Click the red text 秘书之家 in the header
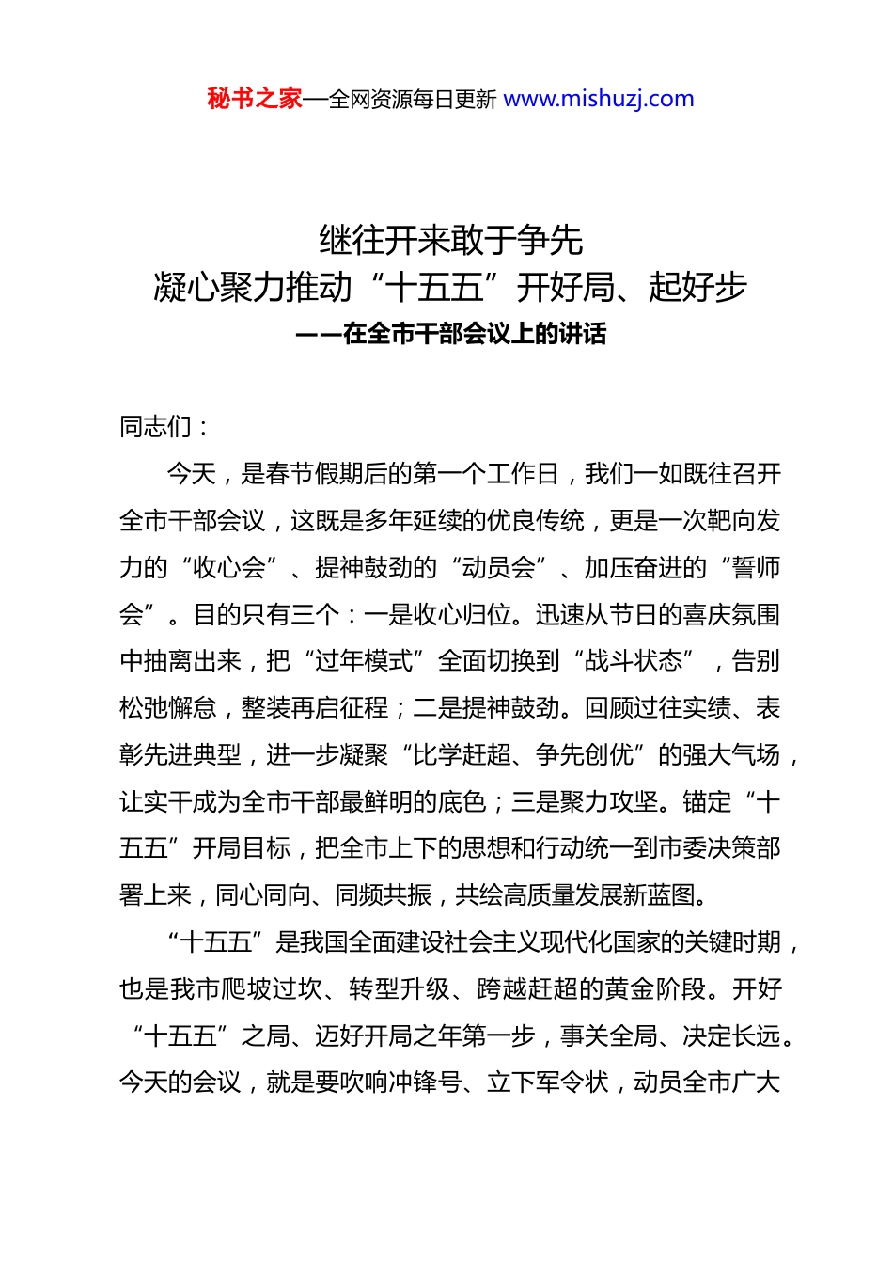coord(254,99)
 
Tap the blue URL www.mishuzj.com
coord(599,99)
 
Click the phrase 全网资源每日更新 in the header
coord(413,100)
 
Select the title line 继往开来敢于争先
coord(451,241)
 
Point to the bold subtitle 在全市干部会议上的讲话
coord(475,334)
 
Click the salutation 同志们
coord(156,427)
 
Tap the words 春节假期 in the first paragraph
coord(314,474)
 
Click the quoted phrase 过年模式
coord(364,661)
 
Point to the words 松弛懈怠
coord(168,708)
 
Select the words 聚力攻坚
coord(609,802)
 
